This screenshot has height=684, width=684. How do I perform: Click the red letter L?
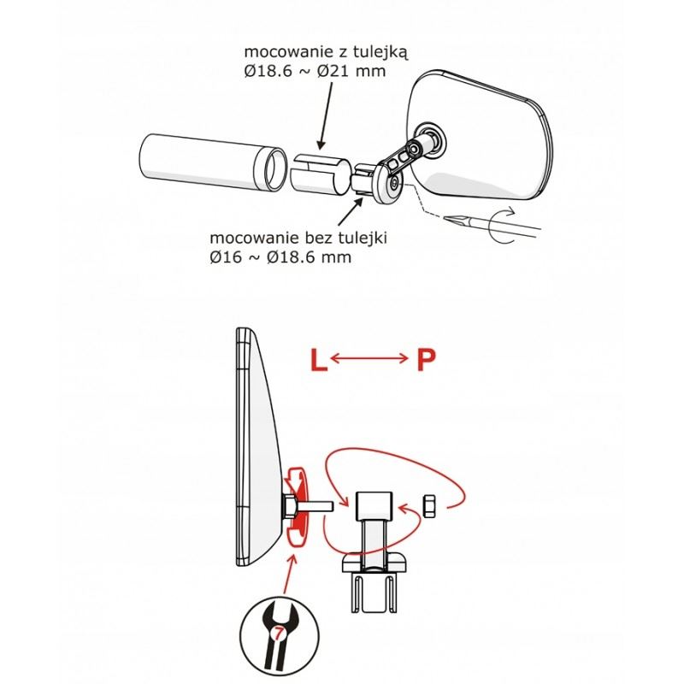point(319,360)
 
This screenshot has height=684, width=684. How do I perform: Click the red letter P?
point(426,360)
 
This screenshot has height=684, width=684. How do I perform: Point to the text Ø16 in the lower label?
point(226,257)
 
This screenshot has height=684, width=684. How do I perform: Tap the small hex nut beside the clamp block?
point(428,506)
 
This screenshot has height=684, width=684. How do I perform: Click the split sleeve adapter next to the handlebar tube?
point(321,174)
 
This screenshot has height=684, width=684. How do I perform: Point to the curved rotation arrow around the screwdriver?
point(498,226)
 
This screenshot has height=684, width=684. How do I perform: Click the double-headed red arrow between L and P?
point(369,358)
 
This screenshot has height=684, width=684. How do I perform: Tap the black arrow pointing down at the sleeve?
point(325,115)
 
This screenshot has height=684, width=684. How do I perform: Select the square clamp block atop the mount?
point(374,506)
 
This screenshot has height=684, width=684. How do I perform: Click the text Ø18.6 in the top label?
point(268,71)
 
